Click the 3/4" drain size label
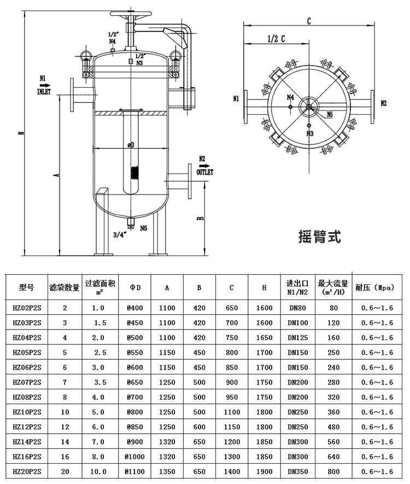(120, 234)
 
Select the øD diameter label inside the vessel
(131, 145)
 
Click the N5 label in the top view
(330, 114)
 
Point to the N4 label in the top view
(291, 97)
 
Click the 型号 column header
(26, 287)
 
